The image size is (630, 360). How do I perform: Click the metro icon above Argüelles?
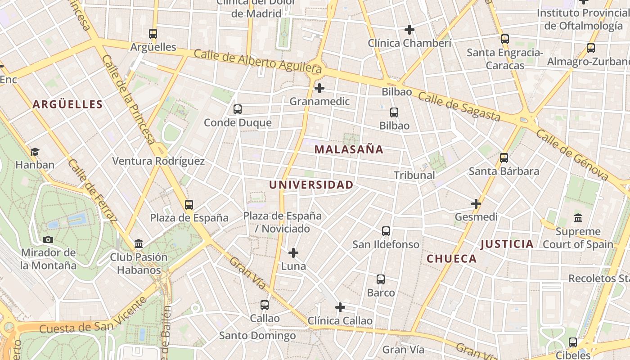(x=153, y=34)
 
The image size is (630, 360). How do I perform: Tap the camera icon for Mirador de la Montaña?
(x=48, y=239)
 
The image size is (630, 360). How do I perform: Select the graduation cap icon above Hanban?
(x=35, y=152)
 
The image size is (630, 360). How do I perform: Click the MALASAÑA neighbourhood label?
(x=349, y=149)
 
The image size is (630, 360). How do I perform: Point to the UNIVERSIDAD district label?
(x=311, y=184)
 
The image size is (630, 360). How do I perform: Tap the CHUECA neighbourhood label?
(x=451, y=259)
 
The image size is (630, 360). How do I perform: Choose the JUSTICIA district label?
(x=507, y=244)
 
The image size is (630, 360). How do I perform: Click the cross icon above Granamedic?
(x=319, y=88)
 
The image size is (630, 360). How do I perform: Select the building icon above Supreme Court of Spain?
(x=578, y=219)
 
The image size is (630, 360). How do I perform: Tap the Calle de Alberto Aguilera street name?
(x=258, y=61)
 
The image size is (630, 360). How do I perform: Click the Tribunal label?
(x=414, y=175)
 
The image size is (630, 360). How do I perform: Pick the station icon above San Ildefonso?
(x=386, y=231)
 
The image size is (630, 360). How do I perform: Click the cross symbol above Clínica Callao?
(x=340, y=307)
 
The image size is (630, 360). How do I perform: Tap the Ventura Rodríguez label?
(x=158, y=161)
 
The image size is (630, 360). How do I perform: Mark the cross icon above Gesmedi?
(x=476, y=204)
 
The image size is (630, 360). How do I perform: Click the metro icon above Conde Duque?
(x=238, y=109)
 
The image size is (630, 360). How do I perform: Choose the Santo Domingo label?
(x=257, y=336)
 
